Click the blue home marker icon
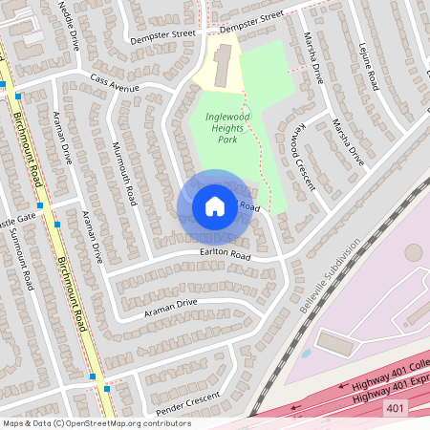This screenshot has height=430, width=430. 214,206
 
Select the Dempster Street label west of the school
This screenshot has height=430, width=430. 160,37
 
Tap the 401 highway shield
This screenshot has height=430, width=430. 396,408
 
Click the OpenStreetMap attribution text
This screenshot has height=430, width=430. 97,422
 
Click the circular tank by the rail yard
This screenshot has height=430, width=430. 413,252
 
